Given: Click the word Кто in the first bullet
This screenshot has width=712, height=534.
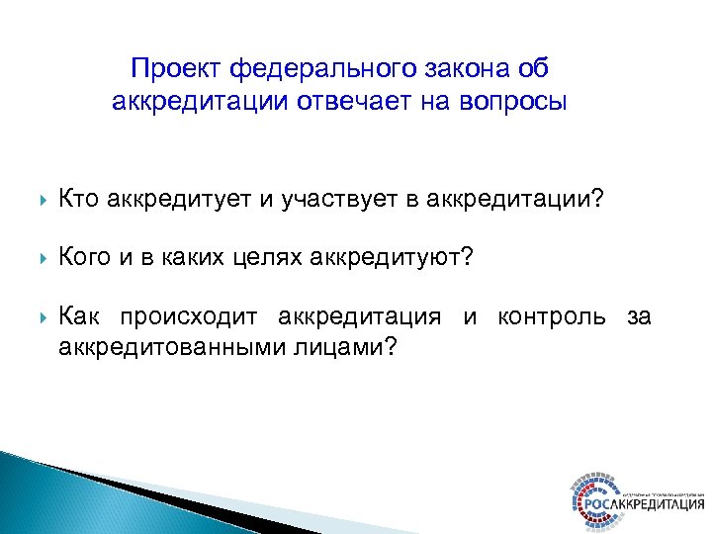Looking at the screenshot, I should pos(79,201).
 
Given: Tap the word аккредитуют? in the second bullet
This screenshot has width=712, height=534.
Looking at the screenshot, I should pos(393,258).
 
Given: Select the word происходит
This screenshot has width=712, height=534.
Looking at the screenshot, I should pos(189,316).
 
